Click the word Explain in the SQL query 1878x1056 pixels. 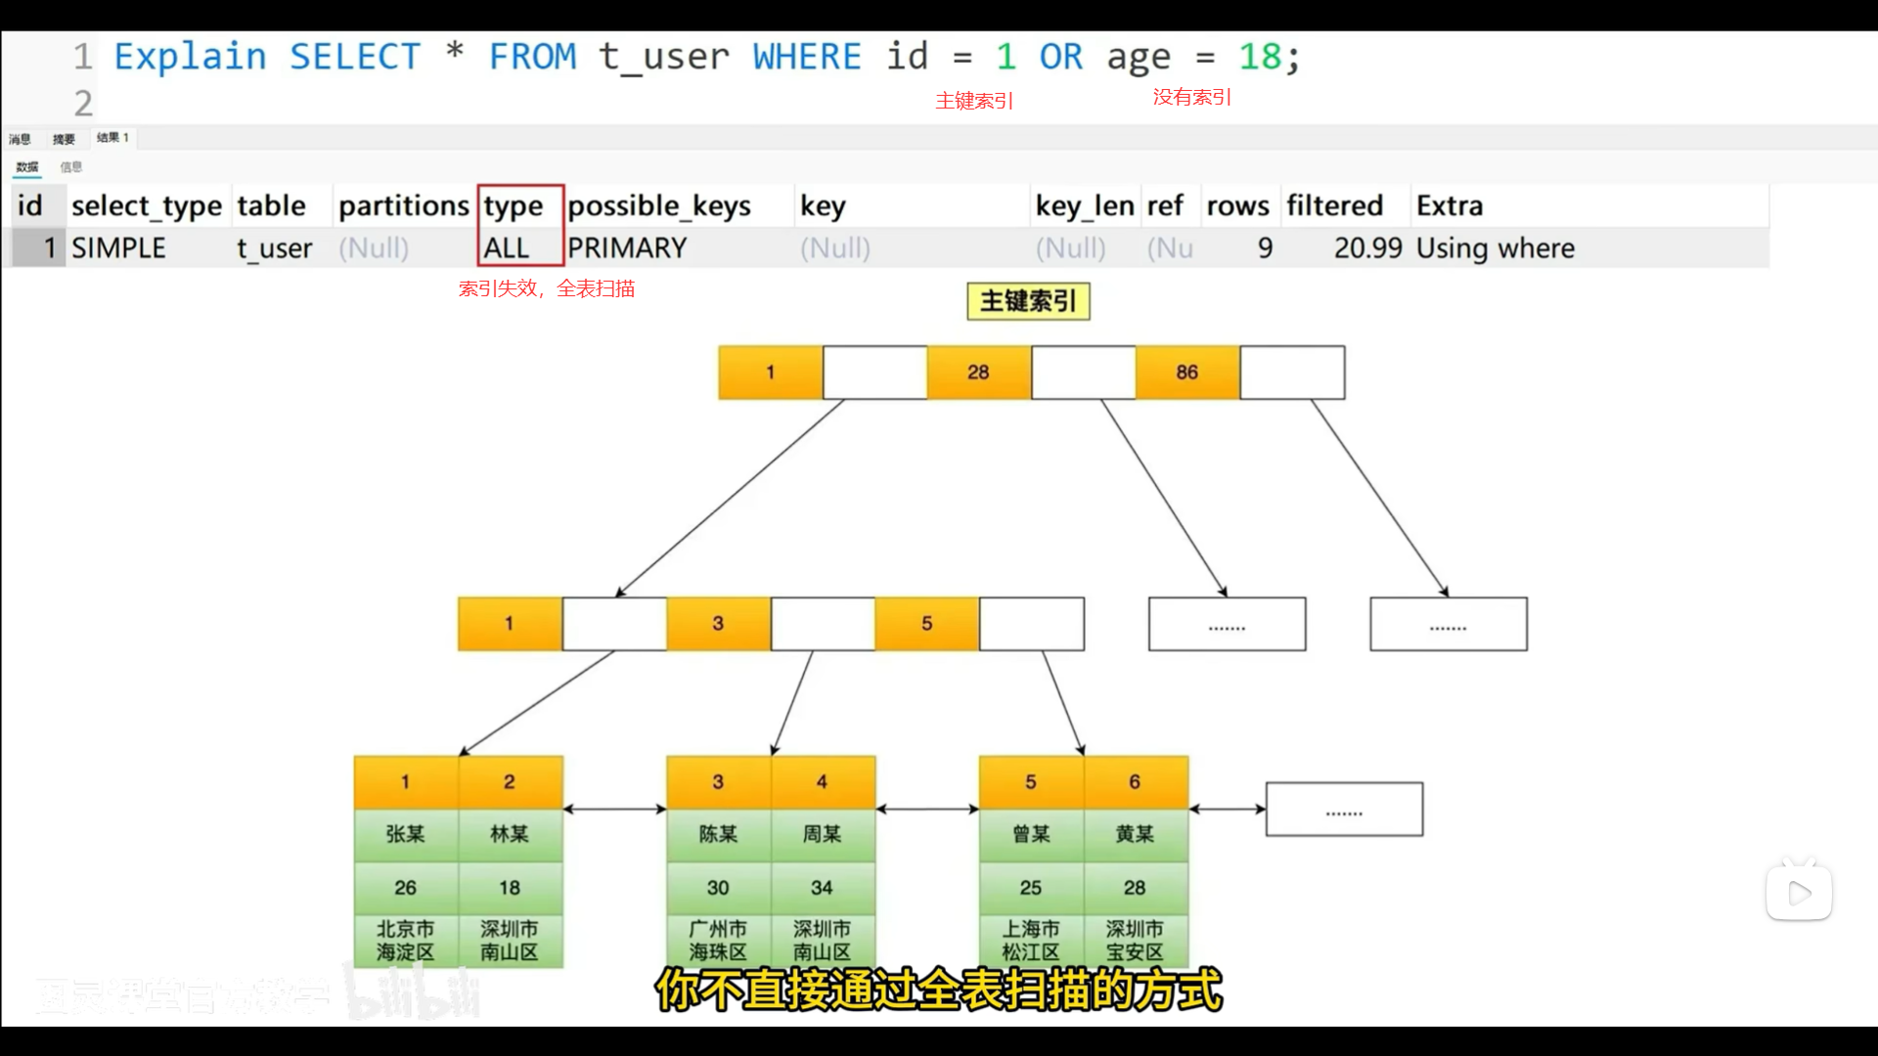pos(190,57)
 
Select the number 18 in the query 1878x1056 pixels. pos(1260,57)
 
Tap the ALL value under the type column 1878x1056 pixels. pos(506,248)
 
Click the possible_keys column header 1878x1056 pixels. pos(659,205)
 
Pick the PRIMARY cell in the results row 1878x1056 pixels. pos(627,248)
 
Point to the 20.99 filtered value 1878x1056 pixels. pos(1367,248)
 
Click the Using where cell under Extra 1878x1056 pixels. pos(1495,248)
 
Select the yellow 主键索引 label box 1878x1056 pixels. pos(1028,301)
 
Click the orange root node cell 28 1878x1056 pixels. pos(978,373)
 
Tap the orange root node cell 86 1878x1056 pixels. pos(1186,373)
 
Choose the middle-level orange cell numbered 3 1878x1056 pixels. pos(718,624)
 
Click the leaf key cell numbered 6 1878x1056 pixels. pos(1135,782)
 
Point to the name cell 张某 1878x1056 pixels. pos(405,834)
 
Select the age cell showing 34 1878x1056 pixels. pos(822,888)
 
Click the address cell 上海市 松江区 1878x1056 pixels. pos(1030,941)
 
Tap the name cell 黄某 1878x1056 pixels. pos(1135,834)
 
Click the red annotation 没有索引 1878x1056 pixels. pos(1191,98)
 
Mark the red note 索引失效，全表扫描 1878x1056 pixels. pos(547,289)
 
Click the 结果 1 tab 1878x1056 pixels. pos(112,138)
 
